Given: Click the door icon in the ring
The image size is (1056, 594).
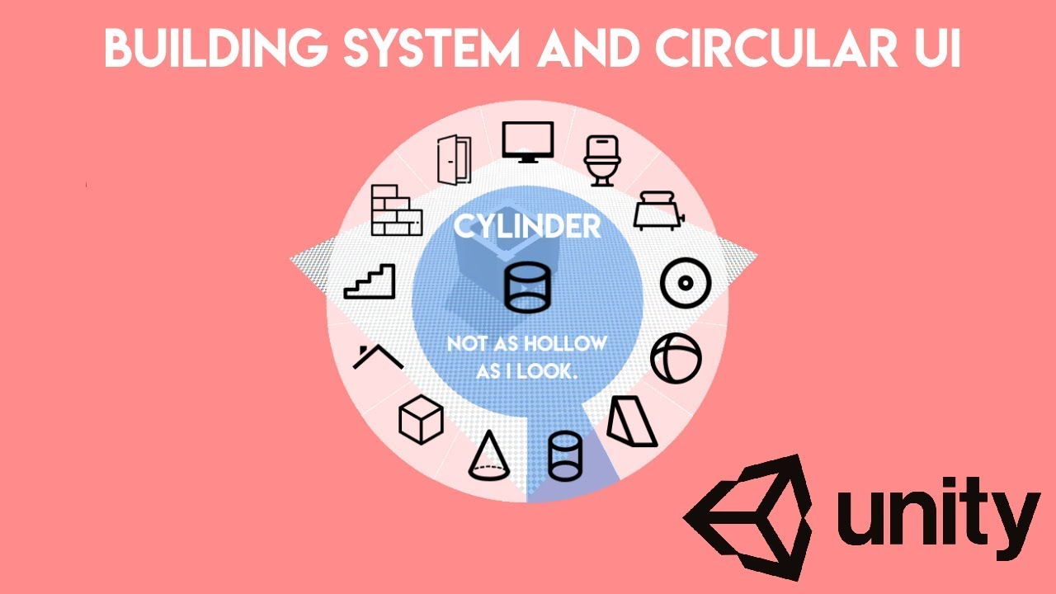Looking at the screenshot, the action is pyautogui.click(x=453, y=160).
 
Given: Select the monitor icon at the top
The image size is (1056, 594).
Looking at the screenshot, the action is pyautogui.click(x=527, y=142).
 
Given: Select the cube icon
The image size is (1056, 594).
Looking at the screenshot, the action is pyautogui.click(x=421, y=419).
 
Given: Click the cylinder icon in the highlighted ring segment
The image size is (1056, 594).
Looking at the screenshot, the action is pyautogui.click(x=565, y=455).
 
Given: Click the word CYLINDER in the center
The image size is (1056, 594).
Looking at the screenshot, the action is pyautogui.click(x=527, y=226).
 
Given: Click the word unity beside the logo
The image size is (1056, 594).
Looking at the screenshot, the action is pyautogui.click(x=936, y=515).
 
